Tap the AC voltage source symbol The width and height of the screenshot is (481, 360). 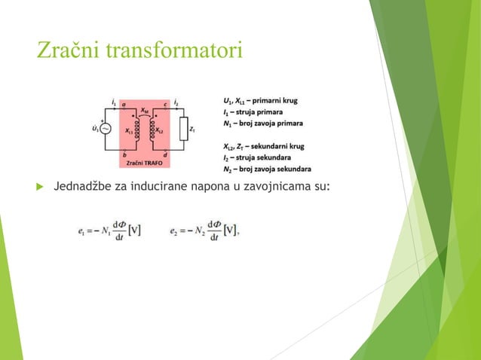click(x=105, y=129)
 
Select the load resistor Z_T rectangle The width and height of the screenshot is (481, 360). click(x=182, y=129)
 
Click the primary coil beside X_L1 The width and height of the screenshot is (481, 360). click(x=138, y=130)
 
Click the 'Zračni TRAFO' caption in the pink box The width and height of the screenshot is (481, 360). click(x=144, y=161)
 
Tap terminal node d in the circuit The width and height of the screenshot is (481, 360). click(x=166, y=155)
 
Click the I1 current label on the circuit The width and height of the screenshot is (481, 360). click(x=113, y=99)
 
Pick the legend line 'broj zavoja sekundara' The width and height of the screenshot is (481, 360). click(x=267, y=169)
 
